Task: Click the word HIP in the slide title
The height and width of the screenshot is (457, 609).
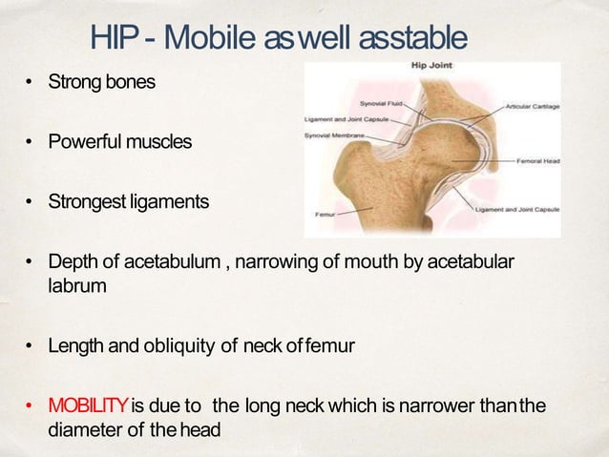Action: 117,38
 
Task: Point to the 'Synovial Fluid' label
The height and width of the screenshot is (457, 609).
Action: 379,100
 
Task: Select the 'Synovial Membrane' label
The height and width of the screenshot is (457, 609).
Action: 335,135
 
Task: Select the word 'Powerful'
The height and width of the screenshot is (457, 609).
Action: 87,142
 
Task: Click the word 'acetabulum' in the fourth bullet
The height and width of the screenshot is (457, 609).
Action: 176,262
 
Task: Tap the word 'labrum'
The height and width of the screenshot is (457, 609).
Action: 73,284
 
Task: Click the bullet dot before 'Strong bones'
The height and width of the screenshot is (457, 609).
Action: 31,83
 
